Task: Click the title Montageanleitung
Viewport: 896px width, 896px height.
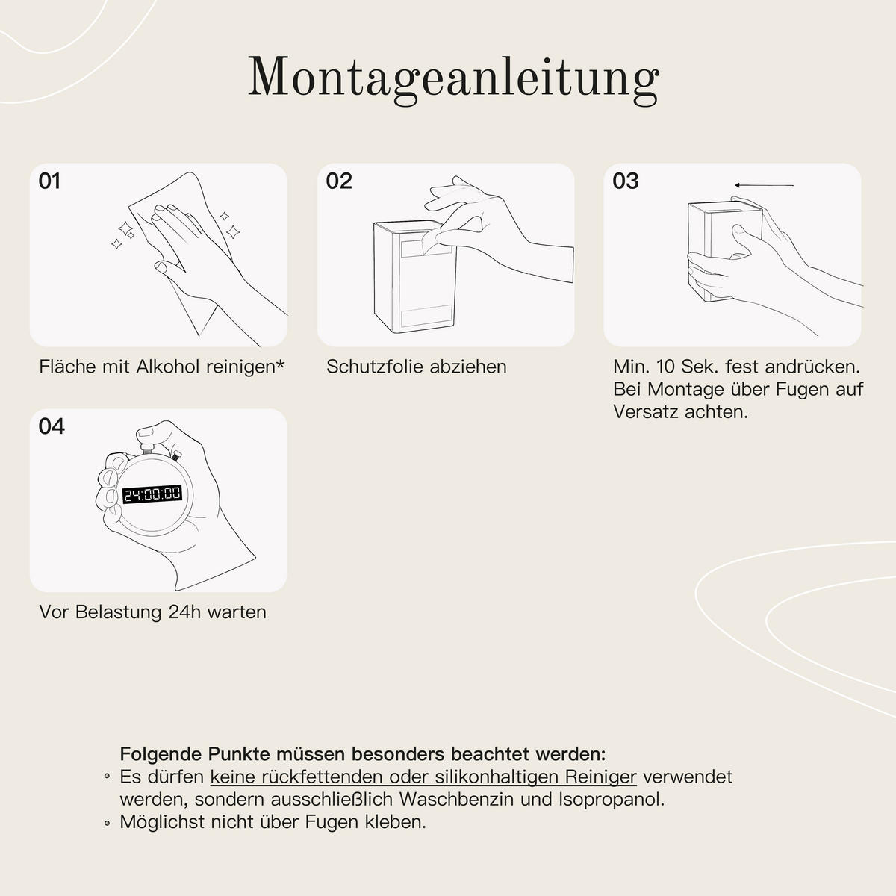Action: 452,76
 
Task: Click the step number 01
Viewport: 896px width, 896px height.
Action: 49,181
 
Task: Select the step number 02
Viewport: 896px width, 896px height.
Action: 338,181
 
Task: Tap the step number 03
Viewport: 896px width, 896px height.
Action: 625,181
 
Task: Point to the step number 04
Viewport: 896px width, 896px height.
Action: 52,426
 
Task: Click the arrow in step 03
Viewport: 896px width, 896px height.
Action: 763,185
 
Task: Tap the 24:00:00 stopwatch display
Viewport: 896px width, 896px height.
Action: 152,494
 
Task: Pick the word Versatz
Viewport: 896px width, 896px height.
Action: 645,411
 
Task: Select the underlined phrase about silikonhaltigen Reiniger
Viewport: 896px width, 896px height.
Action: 423,777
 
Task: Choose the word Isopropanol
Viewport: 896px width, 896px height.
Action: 611,799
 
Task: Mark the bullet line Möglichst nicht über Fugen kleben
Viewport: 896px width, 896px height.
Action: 273,822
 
